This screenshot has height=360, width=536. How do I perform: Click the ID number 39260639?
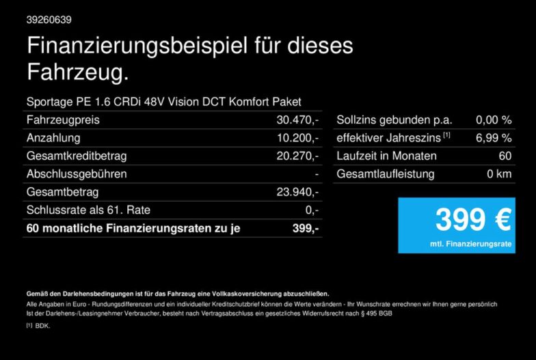pos(49,20)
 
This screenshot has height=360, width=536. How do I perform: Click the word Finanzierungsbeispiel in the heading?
pos(137,46)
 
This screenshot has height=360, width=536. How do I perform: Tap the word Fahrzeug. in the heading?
pos(78,72)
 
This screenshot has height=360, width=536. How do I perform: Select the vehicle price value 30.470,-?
pos(297,120)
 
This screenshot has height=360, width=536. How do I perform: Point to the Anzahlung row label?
pos(53,138)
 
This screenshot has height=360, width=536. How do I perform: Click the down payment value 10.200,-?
pos(297,138)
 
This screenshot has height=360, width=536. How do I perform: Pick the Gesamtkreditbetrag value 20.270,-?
pos(297,156)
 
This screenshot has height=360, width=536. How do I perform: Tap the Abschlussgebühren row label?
pos(77,174)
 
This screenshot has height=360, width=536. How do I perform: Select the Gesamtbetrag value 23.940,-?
pos(297,192)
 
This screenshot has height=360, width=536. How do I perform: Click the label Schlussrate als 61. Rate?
pos(88,210)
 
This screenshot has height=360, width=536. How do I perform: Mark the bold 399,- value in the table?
pos(305,228)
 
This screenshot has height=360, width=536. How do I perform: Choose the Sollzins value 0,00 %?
pos(494,120)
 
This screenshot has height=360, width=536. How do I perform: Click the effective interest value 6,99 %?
pos(494,138)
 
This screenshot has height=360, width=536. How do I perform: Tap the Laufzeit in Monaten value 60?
pos(505,156)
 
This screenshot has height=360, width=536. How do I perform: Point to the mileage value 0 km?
pos(499,174)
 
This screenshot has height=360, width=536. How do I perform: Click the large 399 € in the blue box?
pos(473,220)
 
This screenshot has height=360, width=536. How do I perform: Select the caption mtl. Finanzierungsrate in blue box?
pos(470,244)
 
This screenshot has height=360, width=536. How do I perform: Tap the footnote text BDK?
pos(42,326)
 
